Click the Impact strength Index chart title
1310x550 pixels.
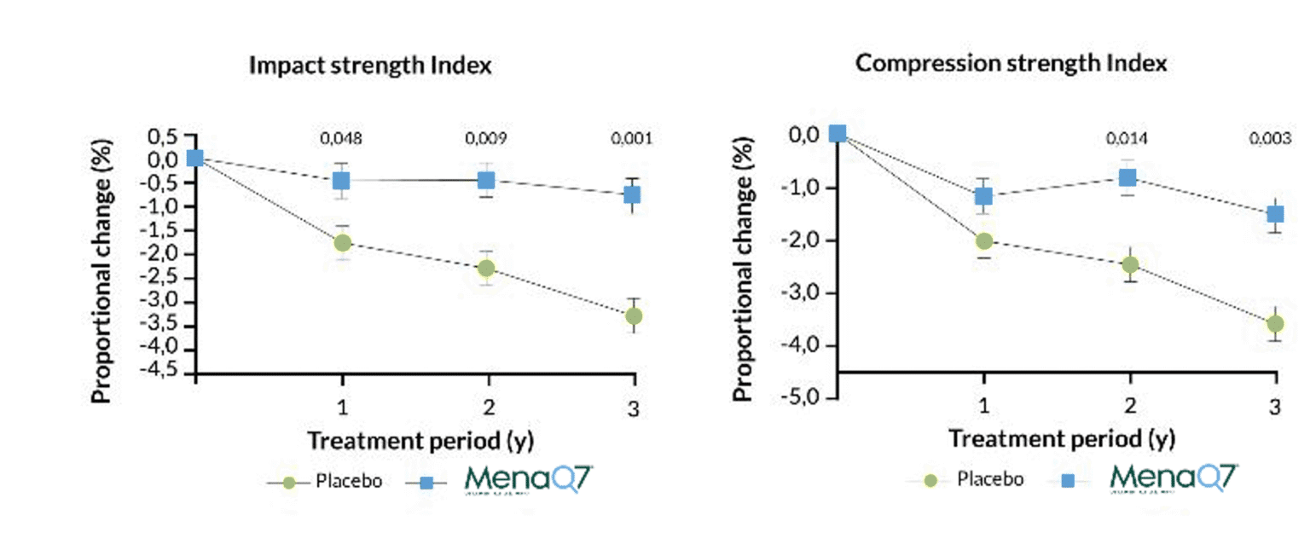[369, 66]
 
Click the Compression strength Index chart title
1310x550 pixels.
[1011, 63]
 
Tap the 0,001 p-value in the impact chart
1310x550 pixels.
[632, 137]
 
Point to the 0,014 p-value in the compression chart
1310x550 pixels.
[1127, 137]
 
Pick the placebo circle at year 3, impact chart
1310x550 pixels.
[633, 316]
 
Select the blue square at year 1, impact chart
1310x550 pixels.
[341, 180]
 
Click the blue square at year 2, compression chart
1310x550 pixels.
[1127, 177]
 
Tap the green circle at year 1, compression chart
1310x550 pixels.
[983, 241]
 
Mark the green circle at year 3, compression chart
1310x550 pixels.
[1275, 324]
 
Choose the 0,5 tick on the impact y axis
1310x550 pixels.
[165, 137]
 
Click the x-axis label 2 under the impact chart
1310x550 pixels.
[487, 407]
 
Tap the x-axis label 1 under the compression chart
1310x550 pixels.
[982, 407]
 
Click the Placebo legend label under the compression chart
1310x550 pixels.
[989, 479]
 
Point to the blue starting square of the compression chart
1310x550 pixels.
[837, 133]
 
